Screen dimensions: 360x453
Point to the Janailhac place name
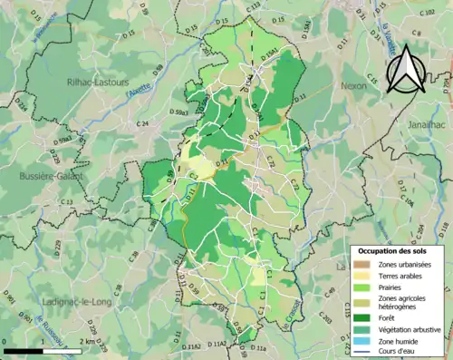[x=429, y=122]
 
